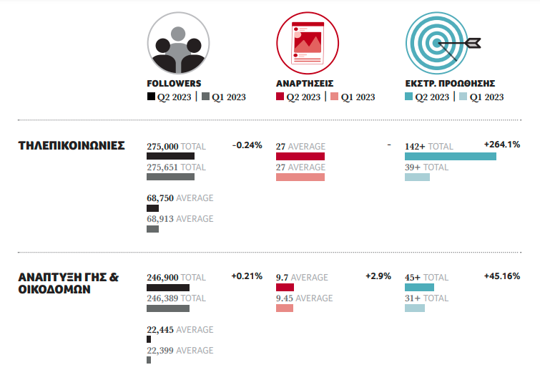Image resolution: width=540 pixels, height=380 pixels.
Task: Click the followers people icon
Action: pos(178,43)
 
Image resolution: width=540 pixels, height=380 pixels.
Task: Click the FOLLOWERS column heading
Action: pos(174,83)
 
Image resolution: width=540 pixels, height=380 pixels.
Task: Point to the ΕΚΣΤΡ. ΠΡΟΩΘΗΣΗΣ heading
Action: pos(450,83)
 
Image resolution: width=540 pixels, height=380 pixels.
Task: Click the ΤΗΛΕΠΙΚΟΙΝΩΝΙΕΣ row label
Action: pos(72,146)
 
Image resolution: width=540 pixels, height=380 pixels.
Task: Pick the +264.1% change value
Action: pos(502,145)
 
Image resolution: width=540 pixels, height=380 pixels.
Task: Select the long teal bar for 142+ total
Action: pos(450,156)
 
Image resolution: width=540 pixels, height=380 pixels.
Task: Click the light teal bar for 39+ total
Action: pos(417,177)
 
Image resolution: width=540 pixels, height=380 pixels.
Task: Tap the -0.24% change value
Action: pos(247,145)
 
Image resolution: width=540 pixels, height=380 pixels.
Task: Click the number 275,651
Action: pos(162,167)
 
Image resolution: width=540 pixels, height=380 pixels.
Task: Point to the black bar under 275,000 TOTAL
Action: pos(170,156)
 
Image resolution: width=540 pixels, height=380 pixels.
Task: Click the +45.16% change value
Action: pos(501,276)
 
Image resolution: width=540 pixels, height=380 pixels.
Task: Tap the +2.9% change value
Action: pos(378,276)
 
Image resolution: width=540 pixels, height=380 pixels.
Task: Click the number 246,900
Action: pos(162,278)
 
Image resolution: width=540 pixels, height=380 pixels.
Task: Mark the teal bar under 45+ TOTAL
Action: pos(419,287)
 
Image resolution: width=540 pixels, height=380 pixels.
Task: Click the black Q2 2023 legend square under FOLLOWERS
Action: pos(151,97)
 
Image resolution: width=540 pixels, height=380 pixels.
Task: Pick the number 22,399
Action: pos(159,351)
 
